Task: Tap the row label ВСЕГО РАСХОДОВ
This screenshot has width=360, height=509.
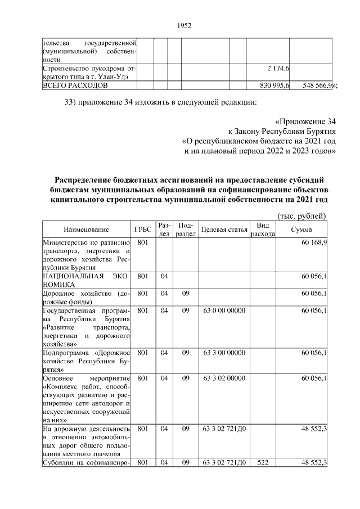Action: [72, 85]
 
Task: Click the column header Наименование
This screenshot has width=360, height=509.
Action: [86, 229]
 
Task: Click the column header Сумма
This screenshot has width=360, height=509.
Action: [301, 229]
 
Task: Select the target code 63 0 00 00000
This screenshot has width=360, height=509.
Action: [224, 310]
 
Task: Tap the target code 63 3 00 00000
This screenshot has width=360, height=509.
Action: [224, 353]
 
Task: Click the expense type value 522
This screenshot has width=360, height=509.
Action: [262, 462]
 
